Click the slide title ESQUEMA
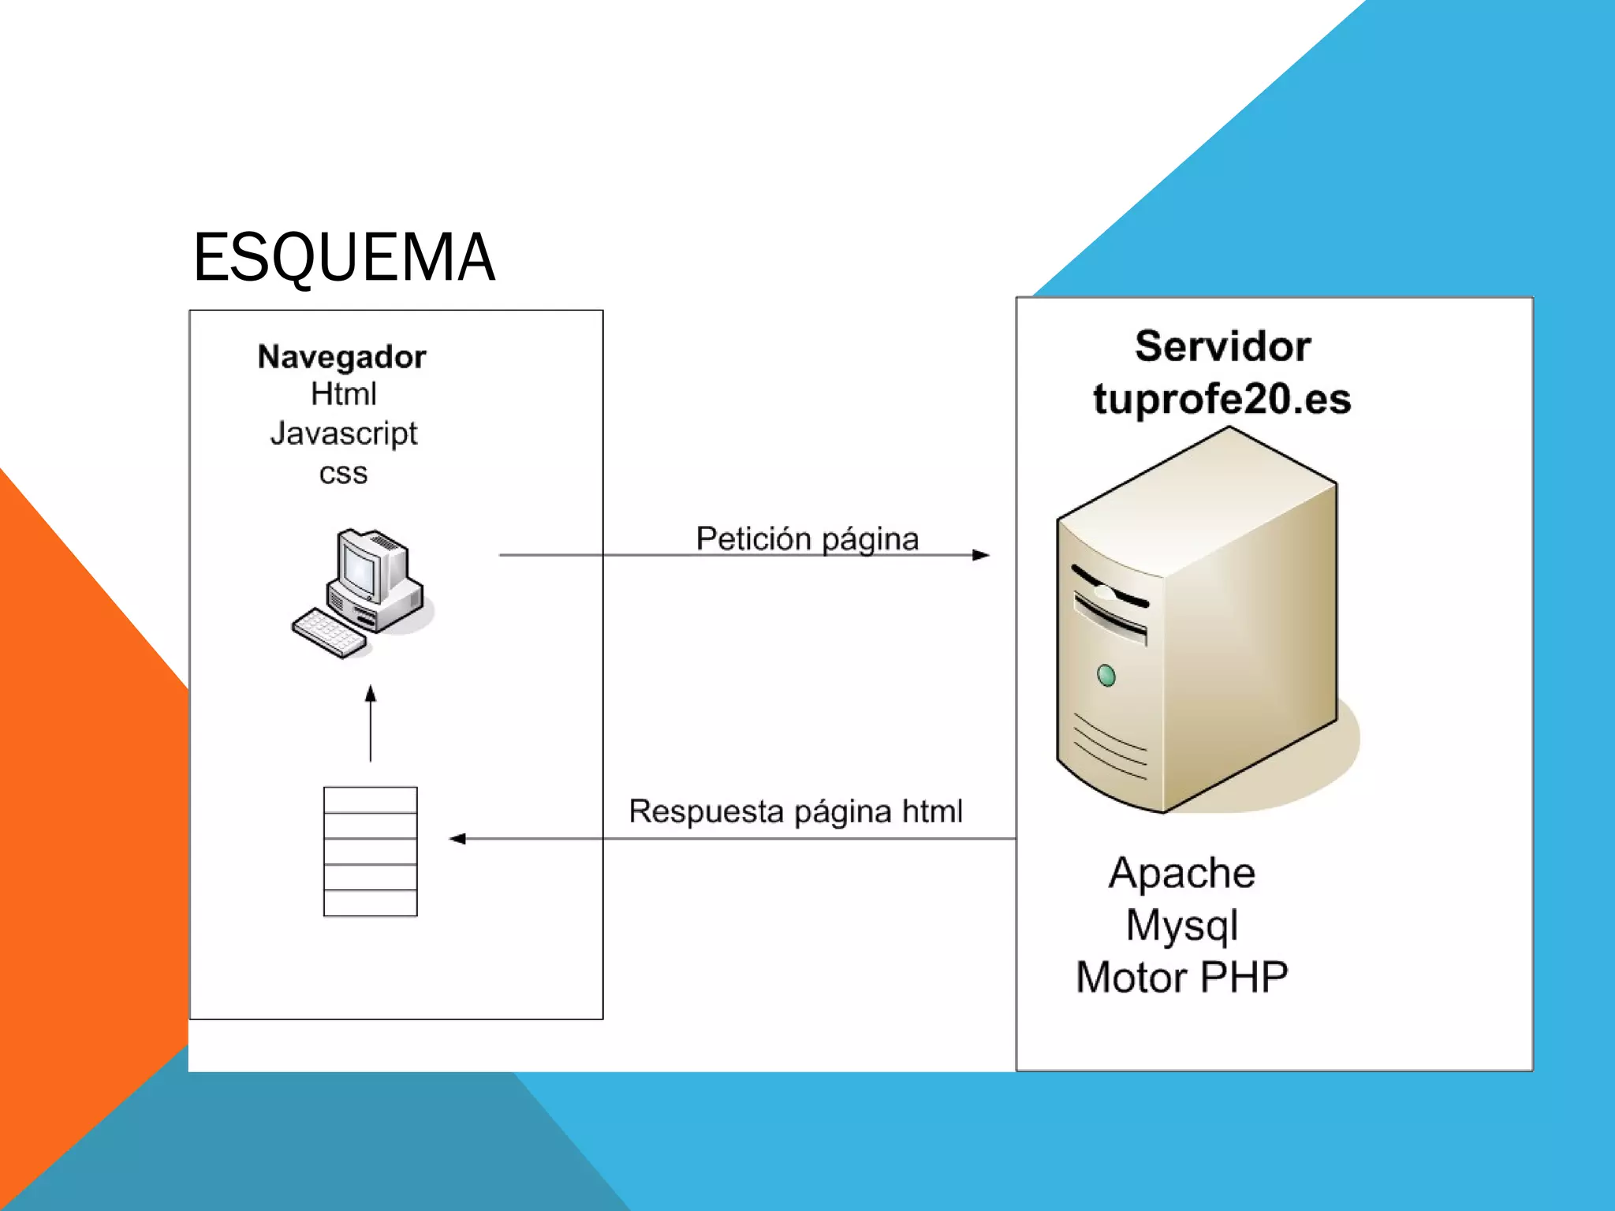(344, 257)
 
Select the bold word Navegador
(341, 357)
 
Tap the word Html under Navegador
(343, 394)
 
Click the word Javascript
(343, 434)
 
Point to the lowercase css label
(343, 473)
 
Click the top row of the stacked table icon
(370, 799)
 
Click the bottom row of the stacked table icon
(370, 903)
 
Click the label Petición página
(807, 539)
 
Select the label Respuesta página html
(795, 811)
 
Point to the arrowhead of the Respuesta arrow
(457, 839)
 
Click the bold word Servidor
(1222, 347)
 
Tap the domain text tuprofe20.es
(1222, 398)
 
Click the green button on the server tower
(1106, 676)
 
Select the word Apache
(1181, 874)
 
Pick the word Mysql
(1181, 926)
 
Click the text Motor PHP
(1181, 978)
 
